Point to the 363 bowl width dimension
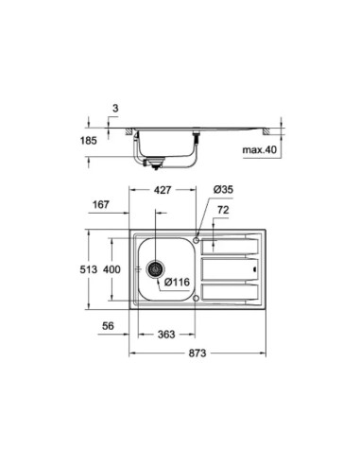click(x=165, y=333)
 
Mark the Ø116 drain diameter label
click(x=180, y=281)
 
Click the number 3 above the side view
click(x=113, y=109)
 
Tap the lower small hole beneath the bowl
click(x=197, y=298)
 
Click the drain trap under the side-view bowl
click(x=151, y=163)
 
